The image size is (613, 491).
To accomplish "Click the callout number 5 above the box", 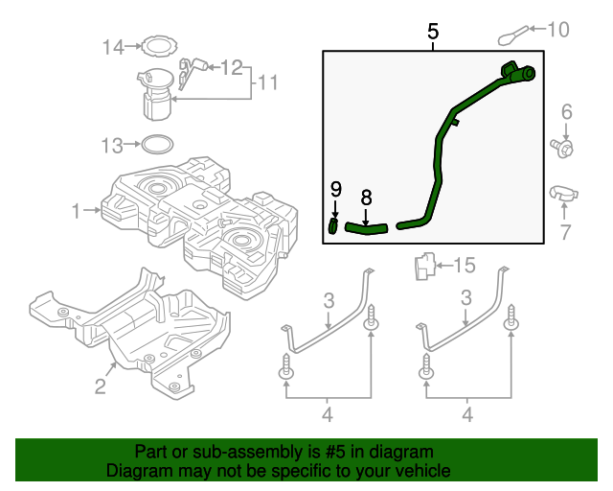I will click(433, 33).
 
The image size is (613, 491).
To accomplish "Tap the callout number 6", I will click(566, 113).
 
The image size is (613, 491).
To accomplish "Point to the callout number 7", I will click(565, 231).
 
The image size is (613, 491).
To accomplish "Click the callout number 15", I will click(464, 264).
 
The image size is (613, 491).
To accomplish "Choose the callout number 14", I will click(113, 46).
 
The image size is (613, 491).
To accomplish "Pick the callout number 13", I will click(113, 146).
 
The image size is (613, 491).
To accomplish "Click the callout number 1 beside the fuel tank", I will click(77, 208).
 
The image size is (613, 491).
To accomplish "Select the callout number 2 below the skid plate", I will click(100, 386).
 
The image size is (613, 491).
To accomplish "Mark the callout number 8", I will click(366, 197).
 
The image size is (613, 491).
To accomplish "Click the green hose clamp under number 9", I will click(333, 225).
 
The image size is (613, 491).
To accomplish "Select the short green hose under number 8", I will click(365, 228).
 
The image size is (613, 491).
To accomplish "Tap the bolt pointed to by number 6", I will click(565, 149).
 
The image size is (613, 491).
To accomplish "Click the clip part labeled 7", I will click(563, 193).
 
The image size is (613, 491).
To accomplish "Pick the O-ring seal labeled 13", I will click(156, 146).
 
